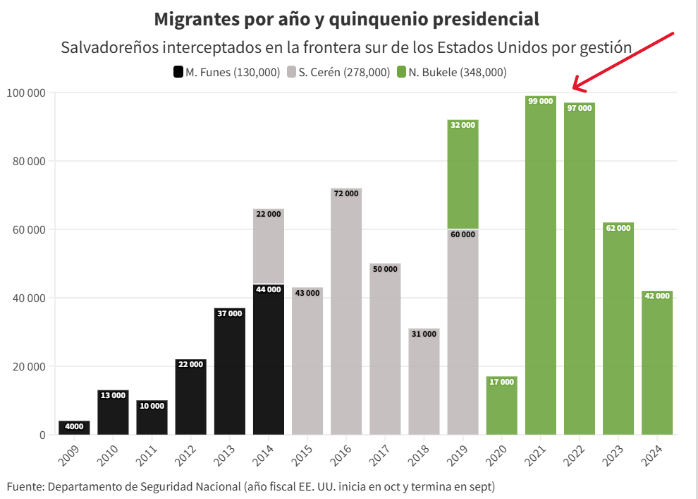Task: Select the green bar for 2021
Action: [541, 268]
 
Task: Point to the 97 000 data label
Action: [580, 108]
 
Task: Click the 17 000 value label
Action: [501, 382]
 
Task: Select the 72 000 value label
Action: [346, 193]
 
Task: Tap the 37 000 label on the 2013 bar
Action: [230, 313]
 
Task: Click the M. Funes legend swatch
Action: [178, 72]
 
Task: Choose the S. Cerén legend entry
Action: [344, 72]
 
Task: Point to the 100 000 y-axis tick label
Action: [26, 92]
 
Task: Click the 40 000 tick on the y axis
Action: [29, 298]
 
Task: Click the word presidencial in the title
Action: [478, 19]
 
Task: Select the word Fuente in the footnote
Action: [24, 486]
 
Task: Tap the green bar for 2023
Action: [618, 332]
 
